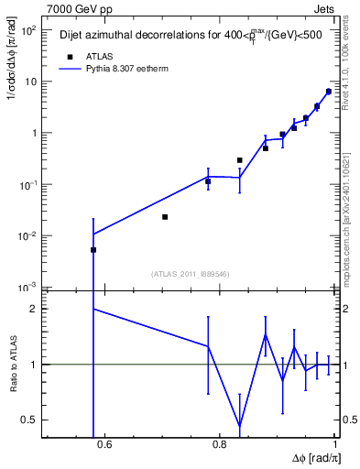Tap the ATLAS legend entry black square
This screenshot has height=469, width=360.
click(69, 55)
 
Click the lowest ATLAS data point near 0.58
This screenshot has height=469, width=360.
click(93, 250)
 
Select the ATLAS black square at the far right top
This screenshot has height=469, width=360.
click(328, 92)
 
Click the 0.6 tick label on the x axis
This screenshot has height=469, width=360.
click(104, 446)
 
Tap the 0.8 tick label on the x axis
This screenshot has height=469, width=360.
click(220, 446)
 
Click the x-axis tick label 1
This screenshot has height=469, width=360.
click(335, 446)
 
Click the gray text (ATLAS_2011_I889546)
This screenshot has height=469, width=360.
click(190, 273)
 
